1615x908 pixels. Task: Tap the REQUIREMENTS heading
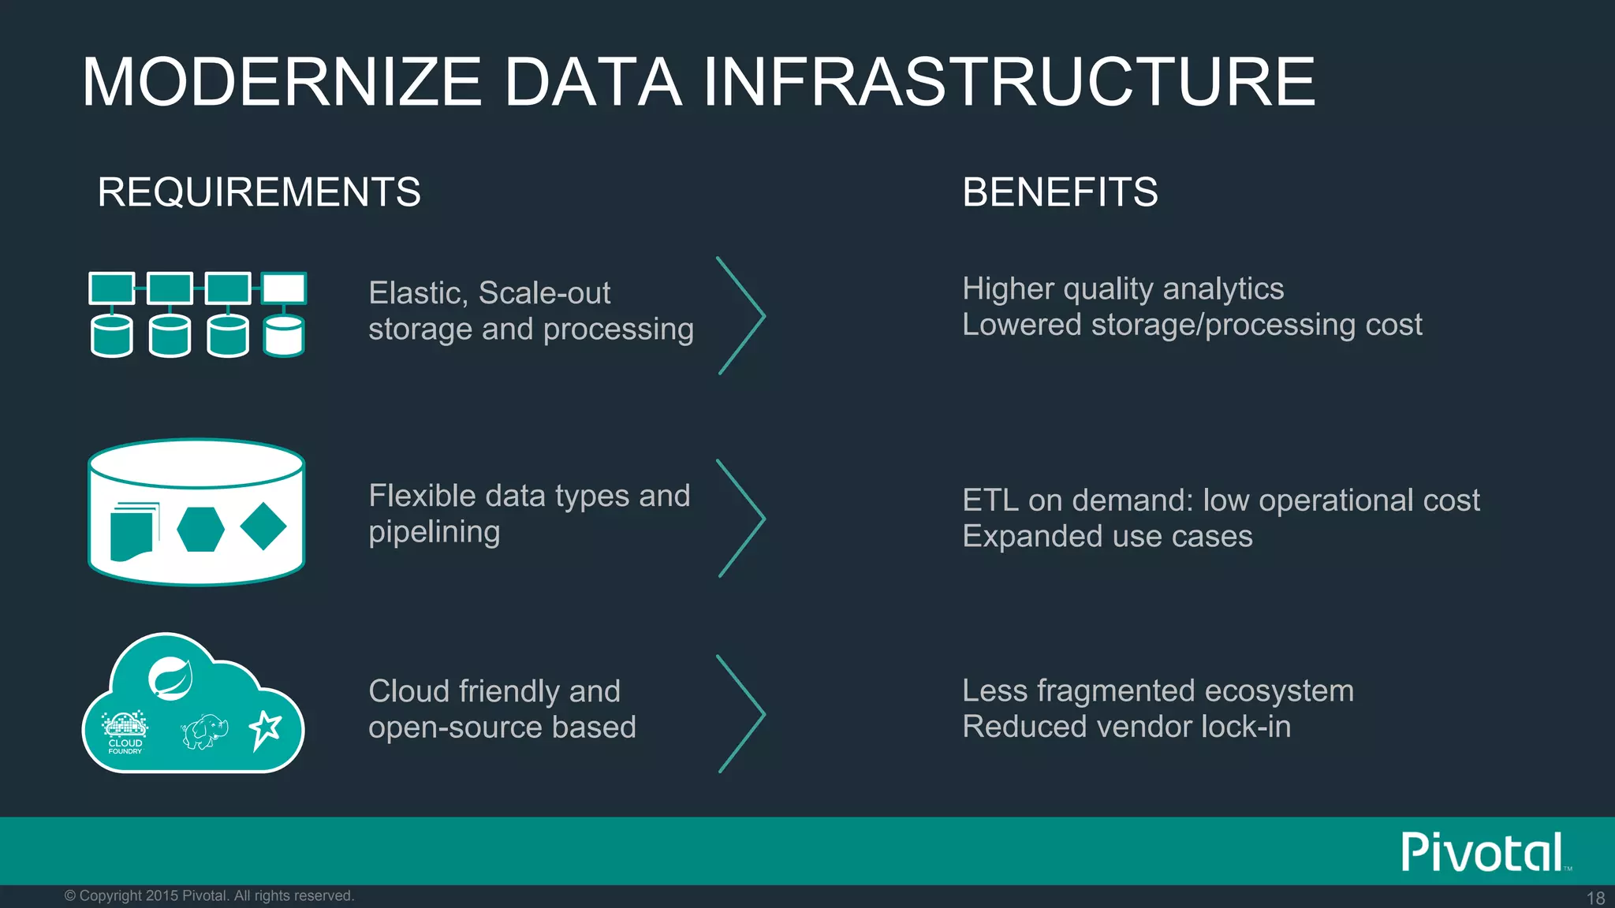point(259,192)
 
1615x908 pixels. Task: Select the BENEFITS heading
point(1059,192)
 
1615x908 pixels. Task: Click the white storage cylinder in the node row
point(283,337)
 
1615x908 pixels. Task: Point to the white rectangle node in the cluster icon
point(284,288)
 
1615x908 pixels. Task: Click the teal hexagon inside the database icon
point(200,529)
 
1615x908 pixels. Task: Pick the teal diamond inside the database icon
point(263,527)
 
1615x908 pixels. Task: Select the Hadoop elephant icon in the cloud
point(204,731)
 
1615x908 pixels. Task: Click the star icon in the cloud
point(265,730)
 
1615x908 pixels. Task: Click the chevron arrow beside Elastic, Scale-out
point(741,315)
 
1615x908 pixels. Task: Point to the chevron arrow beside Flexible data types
point(741,518)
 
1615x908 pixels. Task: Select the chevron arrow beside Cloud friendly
point(741,713)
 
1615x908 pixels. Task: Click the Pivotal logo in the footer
point(1483,852)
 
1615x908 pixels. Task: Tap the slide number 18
point(1595,898)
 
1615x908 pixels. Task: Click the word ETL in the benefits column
point(990,501)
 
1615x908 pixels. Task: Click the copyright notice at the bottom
point(209,896)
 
